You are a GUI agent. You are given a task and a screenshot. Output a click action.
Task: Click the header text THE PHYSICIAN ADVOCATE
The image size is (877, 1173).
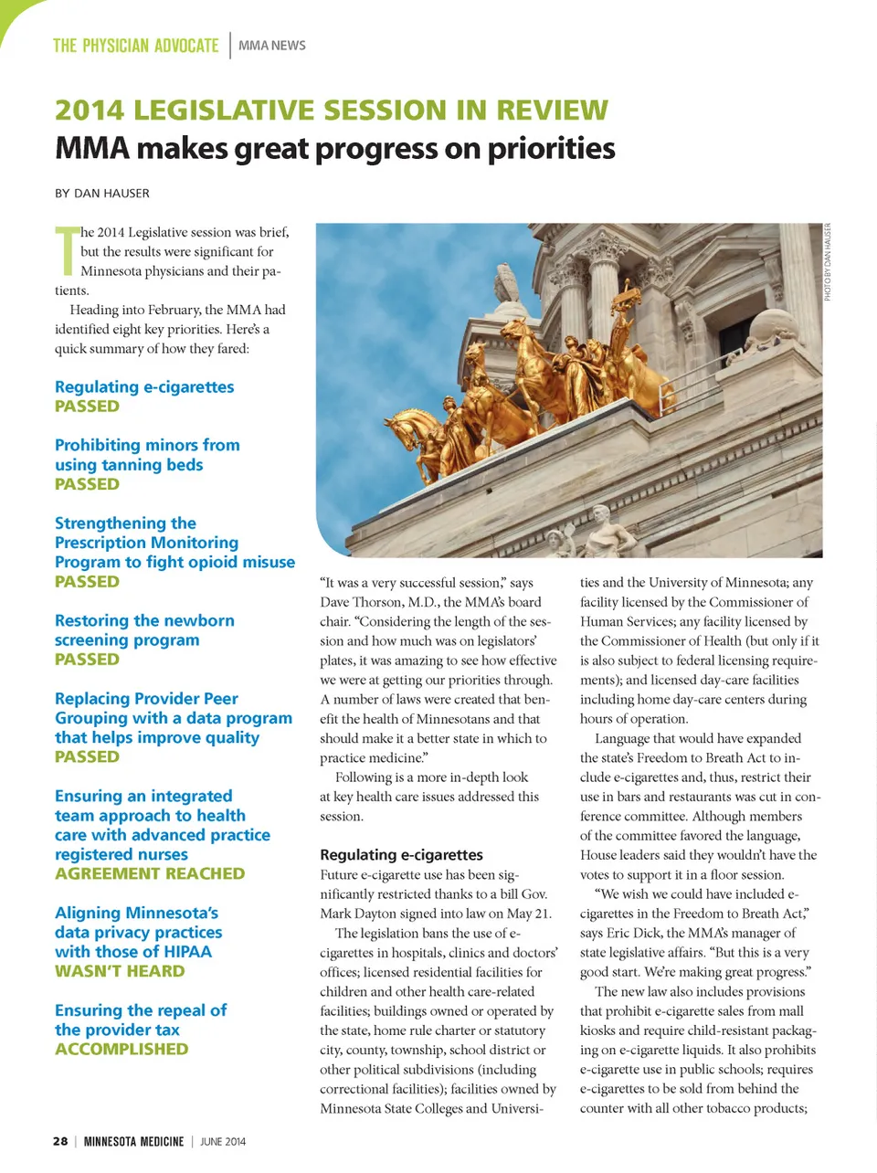tap(135, 46)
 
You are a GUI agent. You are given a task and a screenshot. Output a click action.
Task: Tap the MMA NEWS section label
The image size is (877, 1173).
tap(272, 46)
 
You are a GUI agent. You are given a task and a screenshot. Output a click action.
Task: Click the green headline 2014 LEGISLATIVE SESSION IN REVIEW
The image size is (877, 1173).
tap(331, 110)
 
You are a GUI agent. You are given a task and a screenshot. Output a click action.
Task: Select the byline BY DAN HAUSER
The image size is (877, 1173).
tap(102, 193)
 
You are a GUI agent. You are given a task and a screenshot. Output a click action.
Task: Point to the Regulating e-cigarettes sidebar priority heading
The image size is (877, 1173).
tap(144, 387)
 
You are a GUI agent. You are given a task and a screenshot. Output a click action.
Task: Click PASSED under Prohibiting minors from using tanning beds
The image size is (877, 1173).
tap(87, 484)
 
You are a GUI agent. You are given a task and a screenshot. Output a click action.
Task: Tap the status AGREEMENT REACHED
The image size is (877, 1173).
tap(150, 873)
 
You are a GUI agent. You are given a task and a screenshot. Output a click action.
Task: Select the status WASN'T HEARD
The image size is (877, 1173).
tap(120, 971)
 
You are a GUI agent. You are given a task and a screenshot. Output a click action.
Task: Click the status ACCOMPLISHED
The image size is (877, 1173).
tap(122, 1049)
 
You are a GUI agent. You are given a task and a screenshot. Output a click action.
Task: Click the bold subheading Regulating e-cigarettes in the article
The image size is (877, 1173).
tap(401, 855)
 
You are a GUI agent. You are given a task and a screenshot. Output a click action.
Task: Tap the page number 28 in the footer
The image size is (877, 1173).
tap(60, 1141)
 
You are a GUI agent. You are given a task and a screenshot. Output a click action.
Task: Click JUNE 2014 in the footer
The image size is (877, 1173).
tap(223, 1141)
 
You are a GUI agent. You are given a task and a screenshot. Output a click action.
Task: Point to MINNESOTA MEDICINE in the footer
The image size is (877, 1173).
tap(133, 1141)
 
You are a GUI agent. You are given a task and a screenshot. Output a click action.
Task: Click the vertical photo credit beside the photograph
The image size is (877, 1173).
tap(828, 262)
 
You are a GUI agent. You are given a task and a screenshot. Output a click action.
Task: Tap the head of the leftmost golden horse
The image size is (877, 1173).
tap(401, 425)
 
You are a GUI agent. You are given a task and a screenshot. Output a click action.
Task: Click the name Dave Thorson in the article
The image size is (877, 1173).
tap(357, 602)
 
